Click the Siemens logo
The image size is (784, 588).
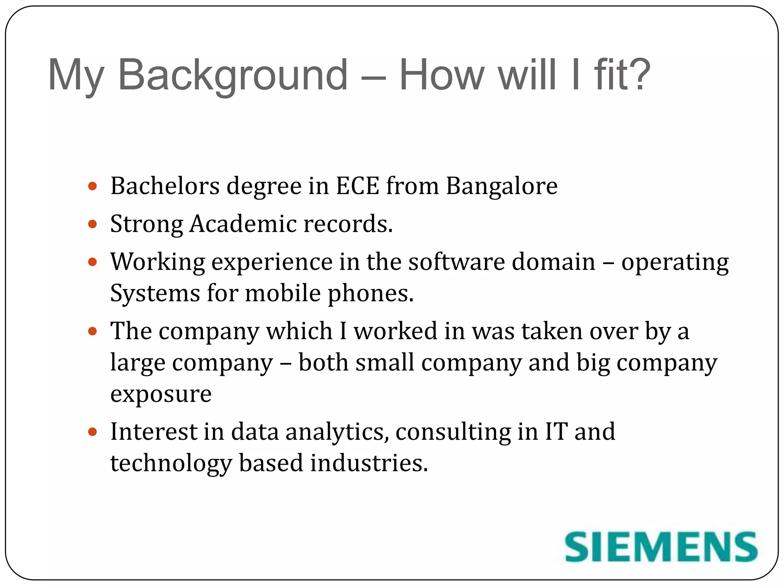[x=661, y=547]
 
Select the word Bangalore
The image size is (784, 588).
[x=501, y=186]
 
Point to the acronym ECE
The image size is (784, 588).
[x=358, y=186]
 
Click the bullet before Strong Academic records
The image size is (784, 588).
[x=92, y=224]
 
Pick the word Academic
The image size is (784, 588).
[x=243, y=224]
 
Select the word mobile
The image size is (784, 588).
[x=283, y=294]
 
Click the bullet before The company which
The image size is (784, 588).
[x=92, y=331]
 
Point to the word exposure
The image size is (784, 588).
[x=161, y=395]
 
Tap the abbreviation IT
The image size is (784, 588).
[x=556, y=432]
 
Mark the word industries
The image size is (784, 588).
[x=369, y=463]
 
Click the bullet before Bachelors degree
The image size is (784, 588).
[x=92, y=186]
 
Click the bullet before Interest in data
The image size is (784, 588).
[x=92, y=432]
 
